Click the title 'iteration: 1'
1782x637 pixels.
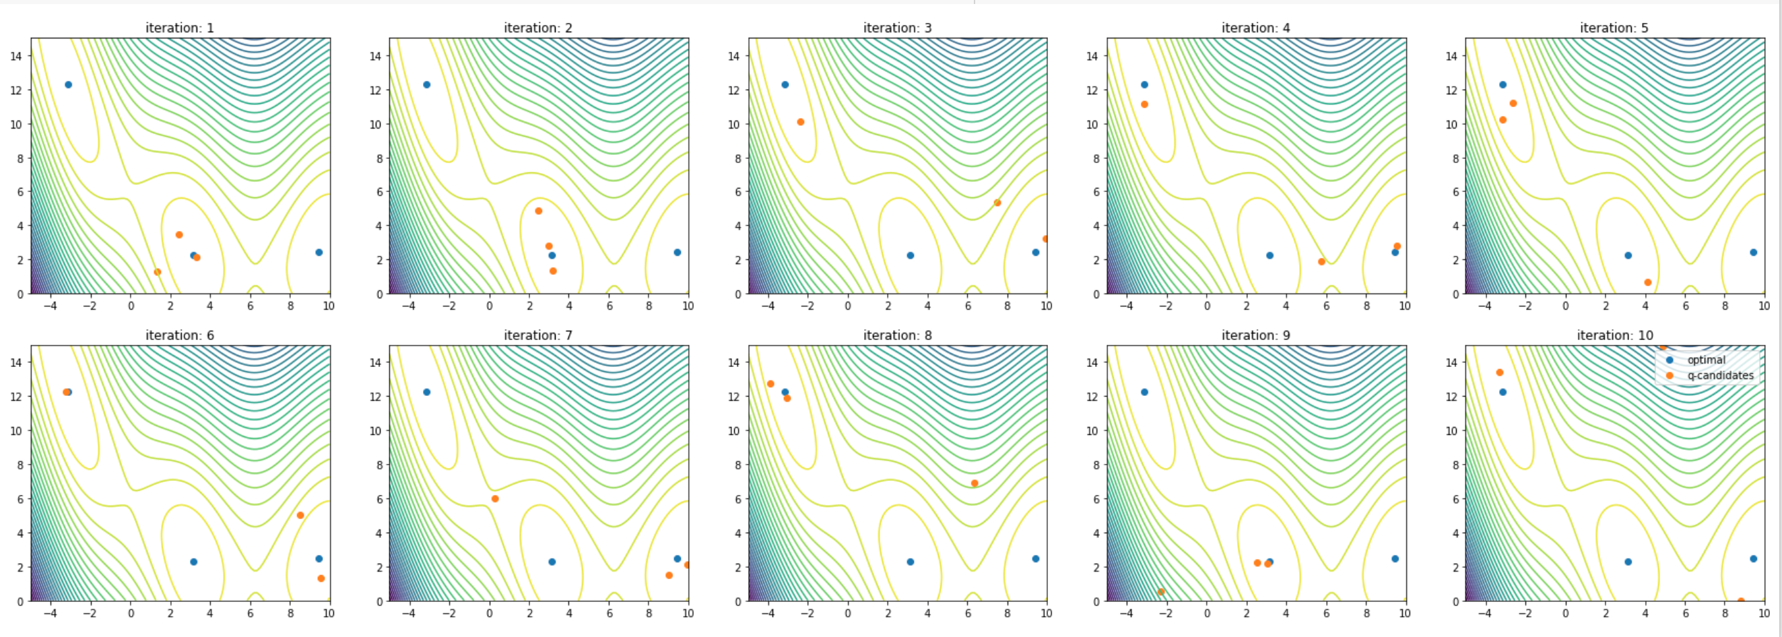coord(180,28)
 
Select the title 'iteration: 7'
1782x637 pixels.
coord(538,335)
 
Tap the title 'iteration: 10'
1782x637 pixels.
coord(1614,335)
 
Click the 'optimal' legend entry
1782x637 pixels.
coord(1706,360)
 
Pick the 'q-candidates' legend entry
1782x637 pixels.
coord(1720,376)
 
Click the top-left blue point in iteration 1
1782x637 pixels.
coord(68,84)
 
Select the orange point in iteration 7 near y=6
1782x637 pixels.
coord(494,499)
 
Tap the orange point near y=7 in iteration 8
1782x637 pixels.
coord(974,483)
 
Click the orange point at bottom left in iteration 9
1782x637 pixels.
coord(1162,591)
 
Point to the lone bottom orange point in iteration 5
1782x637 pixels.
coord(1648,282)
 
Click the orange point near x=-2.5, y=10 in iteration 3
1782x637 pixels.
coord(800,122)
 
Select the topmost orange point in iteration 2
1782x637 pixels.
coord(538,211)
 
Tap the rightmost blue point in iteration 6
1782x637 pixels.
coord(319,558)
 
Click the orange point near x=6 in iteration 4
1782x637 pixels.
coord(1321,261)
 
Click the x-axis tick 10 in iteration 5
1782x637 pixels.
coord(1764,306)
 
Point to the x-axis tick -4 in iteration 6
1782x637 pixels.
coord(51,613)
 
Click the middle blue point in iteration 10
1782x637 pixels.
coord(1628,562)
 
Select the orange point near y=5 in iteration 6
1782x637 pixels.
coord(300,515)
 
